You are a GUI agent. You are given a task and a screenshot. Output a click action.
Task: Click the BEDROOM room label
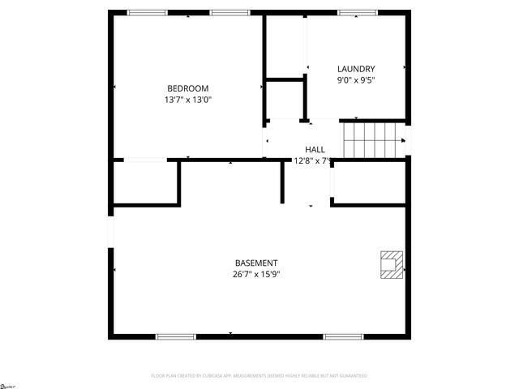[187, 88]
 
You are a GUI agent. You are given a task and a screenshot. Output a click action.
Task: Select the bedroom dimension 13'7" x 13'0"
[187, 100]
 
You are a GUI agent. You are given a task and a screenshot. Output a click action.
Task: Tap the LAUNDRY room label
[355, 69]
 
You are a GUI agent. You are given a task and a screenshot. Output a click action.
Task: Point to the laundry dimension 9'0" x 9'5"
[355, 80]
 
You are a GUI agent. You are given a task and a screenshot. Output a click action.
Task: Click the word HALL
[315, 149]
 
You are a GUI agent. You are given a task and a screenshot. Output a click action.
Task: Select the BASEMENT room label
[256, 263]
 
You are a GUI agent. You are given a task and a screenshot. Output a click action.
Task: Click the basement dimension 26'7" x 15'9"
[256, 274]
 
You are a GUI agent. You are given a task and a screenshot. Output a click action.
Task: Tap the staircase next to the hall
[373, 139]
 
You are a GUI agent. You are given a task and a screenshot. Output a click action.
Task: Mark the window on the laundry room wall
[357, 12]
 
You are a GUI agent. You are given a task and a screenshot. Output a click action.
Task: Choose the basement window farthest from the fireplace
[175, 336]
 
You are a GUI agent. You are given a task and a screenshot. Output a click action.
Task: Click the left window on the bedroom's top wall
[148, 12]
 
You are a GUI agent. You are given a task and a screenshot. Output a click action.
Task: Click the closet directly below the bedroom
[144, 182]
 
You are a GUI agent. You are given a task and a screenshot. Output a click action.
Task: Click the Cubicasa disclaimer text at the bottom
[259, 376]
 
